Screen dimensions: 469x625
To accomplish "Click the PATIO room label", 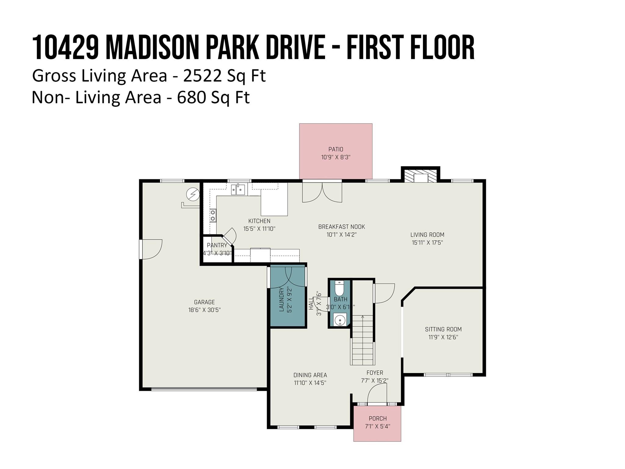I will point(336,149).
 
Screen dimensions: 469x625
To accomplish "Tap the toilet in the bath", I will point(339,288).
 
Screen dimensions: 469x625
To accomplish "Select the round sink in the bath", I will point(339,320).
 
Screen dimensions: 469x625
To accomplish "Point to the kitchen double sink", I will point(238,190).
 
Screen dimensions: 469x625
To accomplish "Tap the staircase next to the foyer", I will point(363,340).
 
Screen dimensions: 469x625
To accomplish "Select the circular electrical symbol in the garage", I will point(193,194).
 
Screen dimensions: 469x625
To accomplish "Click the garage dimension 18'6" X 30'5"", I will point(204,310).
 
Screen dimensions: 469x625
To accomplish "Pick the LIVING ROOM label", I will point(427,235).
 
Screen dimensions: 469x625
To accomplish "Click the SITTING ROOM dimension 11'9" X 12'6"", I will point(443,337).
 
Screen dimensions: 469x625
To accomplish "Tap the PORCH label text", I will point(378,418).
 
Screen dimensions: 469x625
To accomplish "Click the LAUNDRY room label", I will point(281,299).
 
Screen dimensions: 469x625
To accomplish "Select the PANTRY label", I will point(217,245).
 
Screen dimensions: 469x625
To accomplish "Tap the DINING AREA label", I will point(310,375).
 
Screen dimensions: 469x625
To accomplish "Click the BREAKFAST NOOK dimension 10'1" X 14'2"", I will point(341,234).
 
